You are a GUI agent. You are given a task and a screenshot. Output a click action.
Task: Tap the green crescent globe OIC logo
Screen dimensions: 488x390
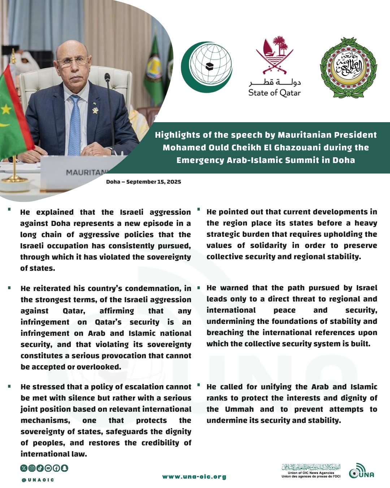pos(207,67)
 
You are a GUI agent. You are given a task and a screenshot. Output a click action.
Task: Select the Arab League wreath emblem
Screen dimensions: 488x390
pos(348,68)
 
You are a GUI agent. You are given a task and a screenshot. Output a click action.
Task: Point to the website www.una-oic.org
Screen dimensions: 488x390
pos(194,477)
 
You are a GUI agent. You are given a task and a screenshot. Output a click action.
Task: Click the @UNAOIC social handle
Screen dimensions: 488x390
pos(38,480)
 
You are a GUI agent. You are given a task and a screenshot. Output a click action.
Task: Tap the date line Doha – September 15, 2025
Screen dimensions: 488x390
pos(143,182)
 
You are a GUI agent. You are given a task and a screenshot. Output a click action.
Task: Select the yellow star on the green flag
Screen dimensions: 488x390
pos(6,109)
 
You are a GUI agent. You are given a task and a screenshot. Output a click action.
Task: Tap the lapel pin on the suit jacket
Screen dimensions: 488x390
pos(95,110)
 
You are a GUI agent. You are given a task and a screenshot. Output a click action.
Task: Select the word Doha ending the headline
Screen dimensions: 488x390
pos(343,160)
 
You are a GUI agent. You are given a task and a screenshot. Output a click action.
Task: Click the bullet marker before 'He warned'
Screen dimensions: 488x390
pos(199,288)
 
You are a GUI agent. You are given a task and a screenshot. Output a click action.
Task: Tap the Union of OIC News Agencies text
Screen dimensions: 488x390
pos(311,473)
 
